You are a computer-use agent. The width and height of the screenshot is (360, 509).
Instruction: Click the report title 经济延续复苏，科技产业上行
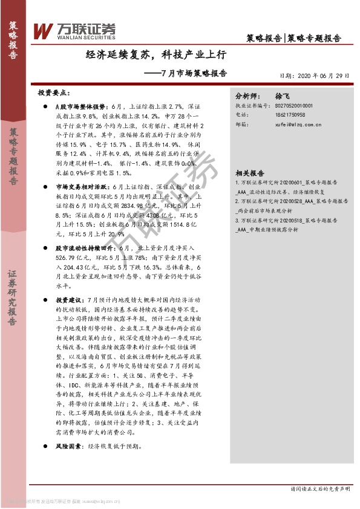point(156,54)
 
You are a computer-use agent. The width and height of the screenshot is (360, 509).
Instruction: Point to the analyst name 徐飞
point(283,96)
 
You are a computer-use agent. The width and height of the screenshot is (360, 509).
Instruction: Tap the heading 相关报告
point(248,172)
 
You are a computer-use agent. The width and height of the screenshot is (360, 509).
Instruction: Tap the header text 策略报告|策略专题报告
point(294,37)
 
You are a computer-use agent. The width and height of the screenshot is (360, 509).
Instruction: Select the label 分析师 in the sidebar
point(246,96)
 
